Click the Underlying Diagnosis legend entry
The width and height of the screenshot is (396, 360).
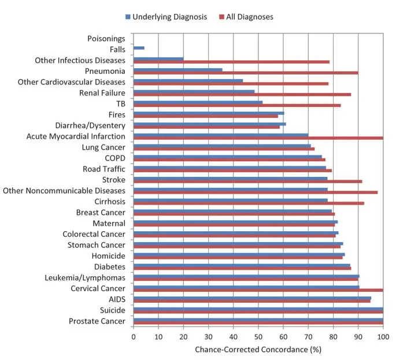click(165, 17)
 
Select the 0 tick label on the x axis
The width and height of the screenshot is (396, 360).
click(134, 335)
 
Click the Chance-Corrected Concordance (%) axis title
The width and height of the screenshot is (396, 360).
click(258, 349)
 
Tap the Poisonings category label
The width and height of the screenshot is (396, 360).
click(106, 39)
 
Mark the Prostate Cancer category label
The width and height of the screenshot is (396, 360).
click(97, 321)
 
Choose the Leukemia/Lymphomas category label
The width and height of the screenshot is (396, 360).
click(85, 278)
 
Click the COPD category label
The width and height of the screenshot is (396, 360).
click(115, 158)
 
